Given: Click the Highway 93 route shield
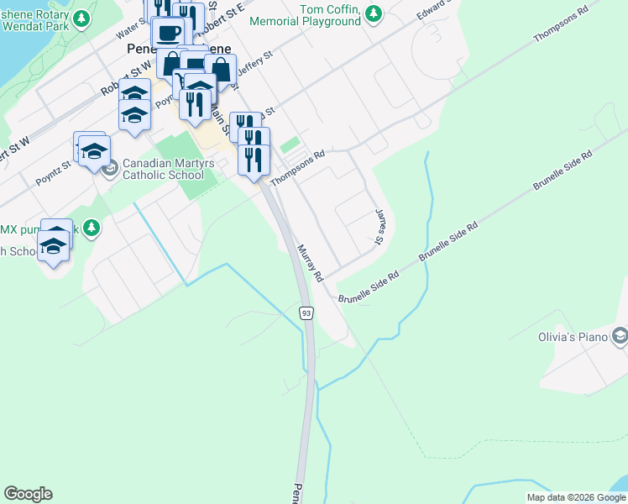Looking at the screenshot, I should (306, 313).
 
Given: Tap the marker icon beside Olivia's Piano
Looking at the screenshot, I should (620, 337).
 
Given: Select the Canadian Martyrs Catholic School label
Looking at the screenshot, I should (163, 170).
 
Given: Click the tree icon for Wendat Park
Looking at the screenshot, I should (81, 18).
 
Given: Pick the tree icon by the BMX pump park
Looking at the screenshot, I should (92, 228).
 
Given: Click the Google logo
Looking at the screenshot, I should (28, 494).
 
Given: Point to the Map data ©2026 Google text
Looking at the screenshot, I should (575, 497).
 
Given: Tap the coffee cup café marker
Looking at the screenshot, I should (168, 33).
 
